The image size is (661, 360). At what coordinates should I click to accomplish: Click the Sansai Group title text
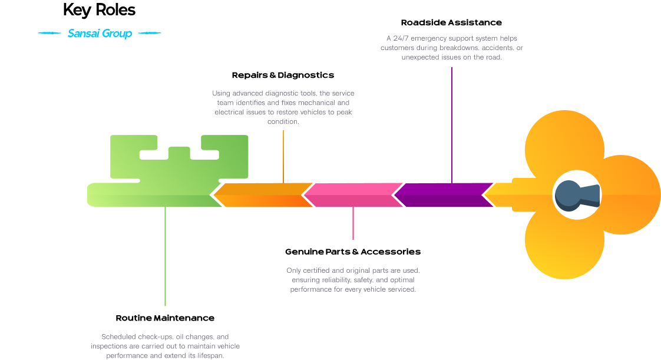(100, 34)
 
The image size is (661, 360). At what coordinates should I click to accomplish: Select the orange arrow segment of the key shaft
(263, 195)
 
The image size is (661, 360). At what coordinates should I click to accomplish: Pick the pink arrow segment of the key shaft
(353, 195)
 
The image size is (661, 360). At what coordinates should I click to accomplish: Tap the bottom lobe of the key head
(564, 247)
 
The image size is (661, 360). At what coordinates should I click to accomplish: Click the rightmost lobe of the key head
(630, 195)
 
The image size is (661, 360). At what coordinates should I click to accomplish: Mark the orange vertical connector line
(283, 156)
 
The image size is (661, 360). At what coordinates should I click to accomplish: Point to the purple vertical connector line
(452, 124)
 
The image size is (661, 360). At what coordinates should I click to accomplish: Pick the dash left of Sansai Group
(49, 34)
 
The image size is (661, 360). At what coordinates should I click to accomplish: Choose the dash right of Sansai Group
(149, 34)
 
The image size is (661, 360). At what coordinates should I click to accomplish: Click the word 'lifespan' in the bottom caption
(210, 356)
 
